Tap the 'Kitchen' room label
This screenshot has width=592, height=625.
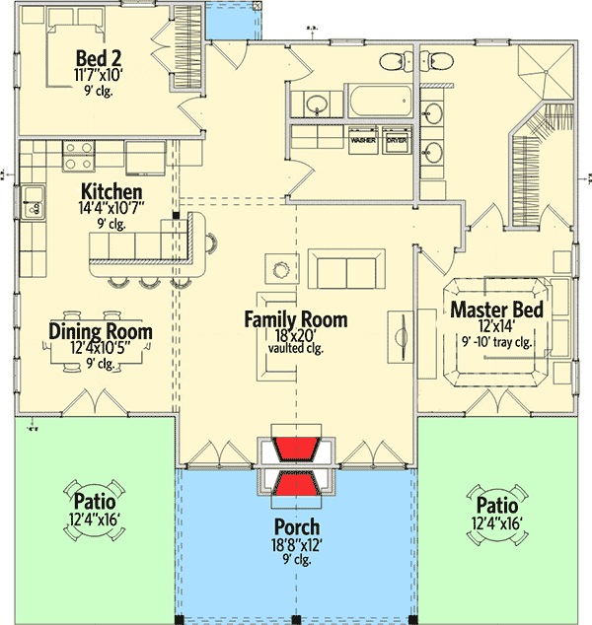[x=111, y=191]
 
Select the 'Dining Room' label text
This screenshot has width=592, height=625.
[x=101, y=331]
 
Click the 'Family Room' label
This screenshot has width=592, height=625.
[x=296, y=319]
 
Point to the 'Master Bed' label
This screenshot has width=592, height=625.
[x=497, y=311]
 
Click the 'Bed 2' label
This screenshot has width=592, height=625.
[x=97, y=54]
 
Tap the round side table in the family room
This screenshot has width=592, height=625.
[x=281, y=266]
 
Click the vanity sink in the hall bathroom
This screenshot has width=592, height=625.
[x=317, y=103]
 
